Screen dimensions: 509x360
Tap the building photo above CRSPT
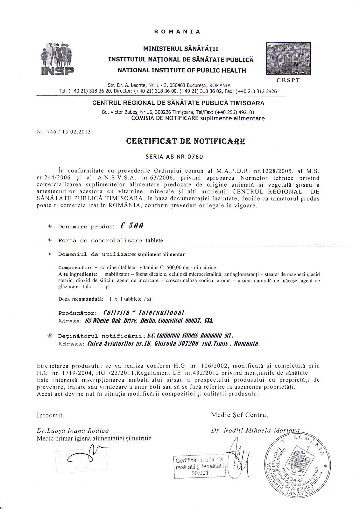(288, 59)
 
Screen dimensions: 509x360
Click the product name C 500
(132, 226)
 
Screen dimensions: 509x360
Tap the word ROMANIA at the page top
(177, 32)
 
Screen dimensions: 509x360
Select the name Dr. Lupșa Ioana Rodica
(73, 431)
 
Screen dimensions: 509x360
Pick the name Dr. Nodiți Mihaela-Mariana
(255, 430)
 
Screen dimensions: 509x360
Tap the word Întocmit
(51, 415)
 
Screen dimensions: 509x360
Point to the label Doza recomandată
(81, 299)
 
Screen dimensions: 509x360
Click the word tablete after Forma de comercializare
(154, 241)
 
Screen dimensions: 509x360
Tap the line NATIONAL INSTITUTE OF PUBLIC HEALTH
(182, 70)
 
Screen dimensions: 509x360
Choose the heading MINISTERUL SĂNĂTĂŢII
(180, 49)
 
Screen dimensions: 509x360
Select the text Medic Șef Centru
(239, 415)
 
